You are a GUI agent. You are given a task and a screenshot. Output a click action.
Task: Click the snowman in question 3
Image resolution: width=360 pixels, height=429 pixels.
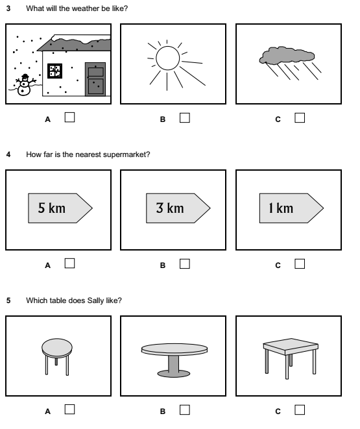[23, 85]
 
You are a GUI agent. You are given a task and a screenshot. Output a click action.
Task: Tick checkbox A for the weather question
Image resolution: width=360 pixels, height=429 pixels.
[70, 117]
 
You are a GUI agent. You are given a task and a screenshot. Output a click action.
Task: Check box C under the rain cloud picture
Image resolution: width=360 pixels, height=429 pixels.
[300, 117]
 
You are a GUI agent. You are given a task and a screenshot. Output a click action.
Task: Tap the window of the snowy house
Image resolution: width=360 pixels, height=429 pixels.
[55, 70]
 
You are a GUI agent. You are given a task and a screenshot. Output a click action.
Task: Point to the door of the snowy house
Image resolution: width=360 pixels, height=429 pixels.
[95, 79]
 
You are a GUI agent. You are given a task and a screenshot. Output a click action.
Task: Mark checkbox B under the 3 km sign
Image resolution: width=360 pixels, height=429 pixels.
[185, 264]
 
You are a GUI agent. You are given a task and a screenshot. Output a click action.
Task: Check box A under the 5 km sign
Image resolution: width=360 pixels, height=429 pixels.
[70, 264]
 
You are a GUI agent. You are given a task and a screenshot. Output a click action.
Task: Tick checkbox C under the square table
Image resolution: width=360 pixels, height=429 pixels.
[300, 409]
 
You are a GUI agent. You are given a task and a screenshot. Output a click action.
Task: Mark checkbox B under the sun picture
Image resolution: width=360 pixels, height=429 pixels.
[185, 117]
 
